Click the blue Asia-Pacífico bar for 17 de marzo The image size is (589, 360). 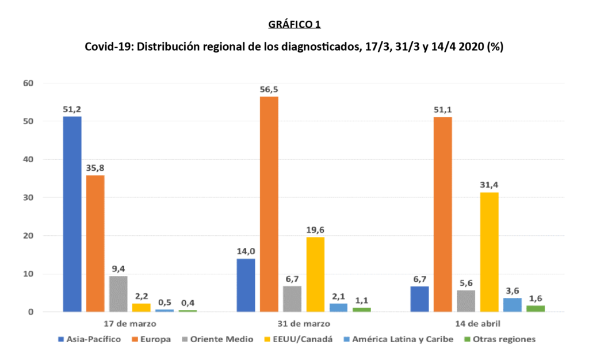[72, 214]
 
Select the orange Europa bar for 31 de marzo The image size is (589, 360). [269, 204]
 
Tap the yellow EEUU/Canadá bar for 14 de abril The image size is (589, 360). [489, 252]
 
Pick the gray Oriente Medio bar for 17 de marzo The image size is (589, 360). [118, 294]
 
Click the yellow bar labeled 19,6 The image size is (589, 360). [315, 274]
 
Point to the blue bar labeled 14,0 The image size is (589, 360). [246, 285]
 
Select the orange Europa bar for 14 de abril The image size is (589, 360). [442, 215]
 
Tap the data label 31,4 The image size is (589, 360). [489, 185]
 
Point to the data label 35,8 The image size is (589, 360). [95, 168]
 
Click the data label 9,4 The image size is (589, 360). [118, 269]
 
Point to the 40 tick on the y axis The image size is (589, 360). [29, 159]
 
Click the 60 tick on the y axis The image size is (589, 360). [29, 83]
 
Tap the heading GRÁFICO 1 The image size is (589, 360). [294, 25]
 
